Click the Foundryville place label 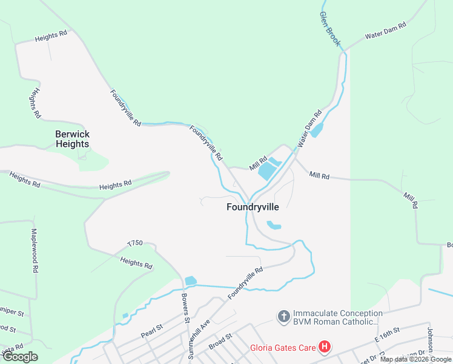coord(253,207)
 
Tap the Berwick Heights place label coord(72,139)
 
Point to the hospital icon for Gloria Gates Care coord(325,348)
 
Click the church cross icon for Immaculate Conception coord(283,316)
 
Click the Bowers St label coord(186,308)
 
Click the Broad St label coord(221,338)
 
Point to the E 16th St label coord(388,334)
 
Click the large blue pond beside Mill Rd coord(267,172)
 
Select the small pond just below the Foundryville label coord(274,226)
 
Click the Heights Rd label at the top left coord(51,36)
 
